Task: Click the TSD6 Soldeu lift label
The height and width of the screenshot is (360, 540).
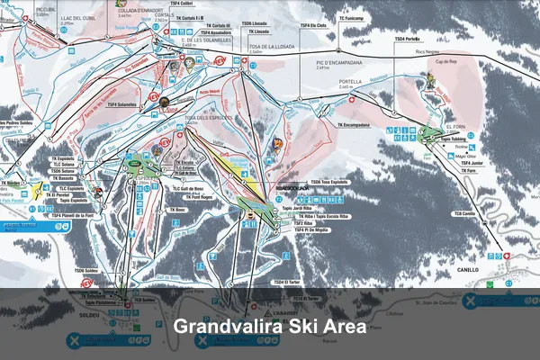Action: (85, 270)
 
